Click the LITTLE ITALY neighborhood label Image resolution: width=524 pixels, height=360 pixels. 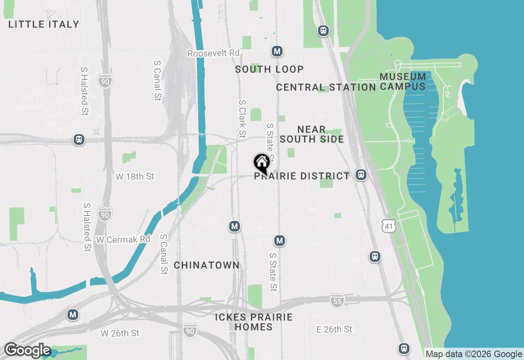[44, 24]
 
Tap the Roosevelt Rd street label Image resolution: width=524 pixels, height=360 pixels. [213, 53]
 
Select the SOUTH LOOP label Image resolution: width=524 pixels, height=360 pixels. [269, 69]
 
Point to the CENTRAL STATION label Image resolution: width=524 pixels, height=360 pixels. [326, 87]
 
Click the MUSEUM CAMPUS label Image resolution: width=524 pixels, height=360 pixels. [403, 81]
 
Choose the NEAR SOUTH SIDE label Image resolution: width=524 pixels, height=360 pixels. [312, 134]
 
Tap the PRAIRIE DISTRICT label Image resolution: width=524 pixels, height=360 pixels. [302, 176]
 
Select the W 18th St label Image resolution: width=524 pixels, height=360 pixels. [135, 176]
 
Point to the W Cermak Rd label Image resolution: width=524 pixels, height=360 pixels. [123, 239]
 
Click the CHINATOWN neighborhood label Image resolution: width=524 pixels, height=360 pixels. [207, 265]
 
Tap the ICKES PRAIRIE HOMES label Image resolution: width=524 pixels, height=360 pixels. [254, 322]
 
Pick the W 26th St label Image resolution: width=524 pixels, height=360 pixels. [120, 333]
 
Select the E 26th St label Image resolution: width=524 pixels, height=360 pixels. [334, 329]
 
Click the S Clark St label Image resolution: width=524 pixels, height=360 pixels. [242, 119]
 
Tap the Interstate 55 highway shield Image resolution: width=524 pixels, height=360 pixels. [337, 300]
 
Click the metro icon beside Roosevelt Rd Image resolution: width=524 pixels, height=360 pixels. [278, 52]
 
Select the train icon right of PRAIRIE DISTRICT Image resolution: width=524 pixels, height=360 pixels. [361, 175]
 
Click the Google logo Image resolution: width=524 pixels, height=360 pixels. [27, 351]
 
